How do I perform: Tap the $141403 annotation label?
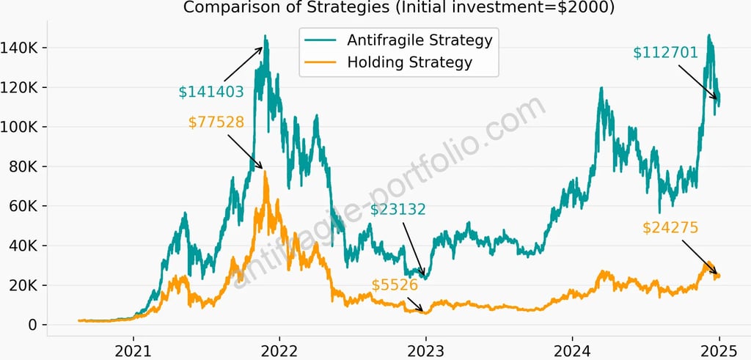(211, 92)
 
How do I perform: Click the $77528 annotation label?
(216, 122)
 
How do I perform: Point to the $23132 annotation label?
(398, 210)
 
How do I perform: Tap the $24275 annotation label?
(670, 228)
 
